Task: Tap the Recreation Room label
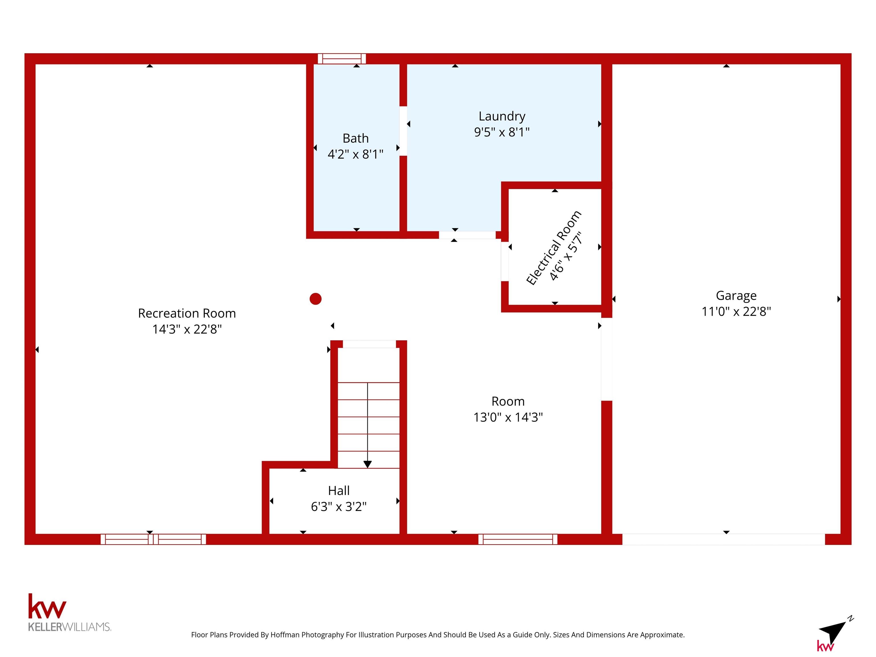tap(187, 313)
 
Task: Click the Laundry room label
tap(502, 116)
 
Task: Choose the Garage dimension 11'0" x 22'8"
tap(736, 312)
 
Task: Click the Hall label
tap(338, 491)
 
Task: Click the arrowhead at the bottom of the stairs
tap(368, 465)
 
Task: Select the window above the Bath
tap(342, 59)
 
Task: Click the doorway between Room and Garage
tap(607, 359)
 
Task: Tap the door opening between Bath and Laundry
tap(403, 131)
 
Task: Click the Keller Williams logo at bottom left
tap(70, 612)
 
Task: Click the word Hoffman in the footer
tap(285, 635)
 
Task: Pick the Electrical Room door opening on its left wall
tap(505, 261)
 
